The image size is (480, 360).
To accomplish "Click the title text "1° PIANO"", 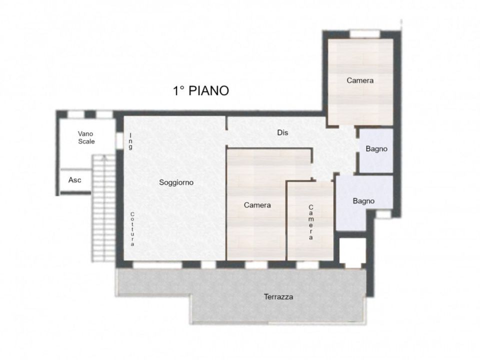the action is tap(201, 91).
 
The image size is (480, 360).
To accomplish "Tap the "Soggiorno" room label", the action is tap(176, 182).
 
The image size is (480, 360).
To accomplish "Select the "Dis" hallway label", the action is tap(282, 132).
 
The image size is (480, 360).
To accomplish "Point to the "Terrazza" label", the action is tap(278, 296).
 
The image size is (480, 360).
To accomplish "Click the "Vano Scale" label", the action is tap(86, 138).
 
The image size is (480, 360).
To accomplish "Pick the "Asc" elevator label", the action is tap(74, 180).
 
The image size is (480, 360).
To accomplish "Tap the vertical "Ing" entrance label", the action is tap(130, 141).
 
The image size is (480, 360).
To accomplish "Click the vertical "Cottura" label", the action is tap(132, 229).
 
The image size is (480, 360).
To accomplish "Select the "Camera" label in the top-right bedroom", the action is tap(360, 80).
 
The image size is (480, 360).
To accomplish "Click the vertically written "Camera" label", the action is tap(311, 222).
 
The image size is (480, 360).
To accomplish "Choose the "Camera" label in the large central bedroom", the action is tap(257, 205).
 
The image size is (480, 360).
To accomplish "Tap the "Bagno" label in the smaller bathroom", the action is tap(376, 149).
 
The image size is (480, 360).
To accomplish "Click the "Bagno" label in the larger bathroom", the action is tap(363, 201).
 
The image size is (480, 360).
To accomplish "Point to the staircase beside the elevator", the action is tap(104, 208).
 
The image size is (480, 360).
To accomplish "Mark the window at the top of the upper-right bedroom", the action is tap(365, 33).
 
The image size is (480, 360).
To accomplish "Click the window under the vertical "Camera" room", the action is tap(308, 265).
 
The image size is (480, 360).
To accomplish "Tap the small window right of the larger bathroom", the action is tap(383, 214).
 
